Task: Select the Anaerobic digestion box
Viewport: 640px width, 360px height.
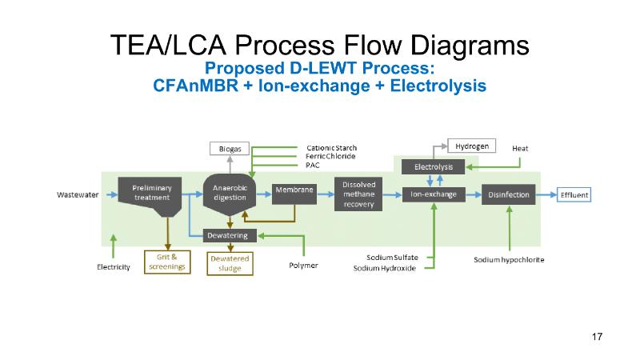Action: (x=230, y=192)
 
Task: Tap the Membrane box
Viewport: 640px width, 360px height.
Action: (x=294, y=190)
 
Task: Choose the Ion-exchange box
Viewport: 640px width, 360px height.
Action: (x=434, y=194)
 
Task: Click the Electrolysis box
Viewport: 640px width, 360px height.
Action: (x=434, y=166)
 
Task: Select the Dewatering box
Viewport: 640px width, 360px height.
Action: (x=230, y=235)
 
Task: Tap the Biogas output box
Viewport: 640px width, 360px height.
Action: (x=230, y=149)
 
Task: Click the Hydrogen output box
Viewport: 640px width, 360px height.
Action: (x=471, y=146)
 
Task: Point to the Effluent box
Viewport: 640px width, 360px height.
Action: (x=574, y=194)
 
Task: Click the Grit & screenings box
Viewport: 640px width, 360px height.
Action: (x=167, y=262)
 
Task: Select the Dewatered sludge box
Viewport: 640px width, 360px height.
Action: (x=230, y=263)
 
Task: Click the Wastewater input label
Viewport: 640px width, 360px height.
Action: (x=78, y=194)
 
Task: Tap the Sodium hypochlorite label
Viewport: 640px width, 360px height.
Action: (x=509, y=260)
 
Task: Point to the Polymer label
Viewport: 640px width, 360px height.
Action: (x=303, y=265)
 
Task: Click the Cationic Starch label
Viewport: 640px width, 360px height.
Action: (x=331, y=148)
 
